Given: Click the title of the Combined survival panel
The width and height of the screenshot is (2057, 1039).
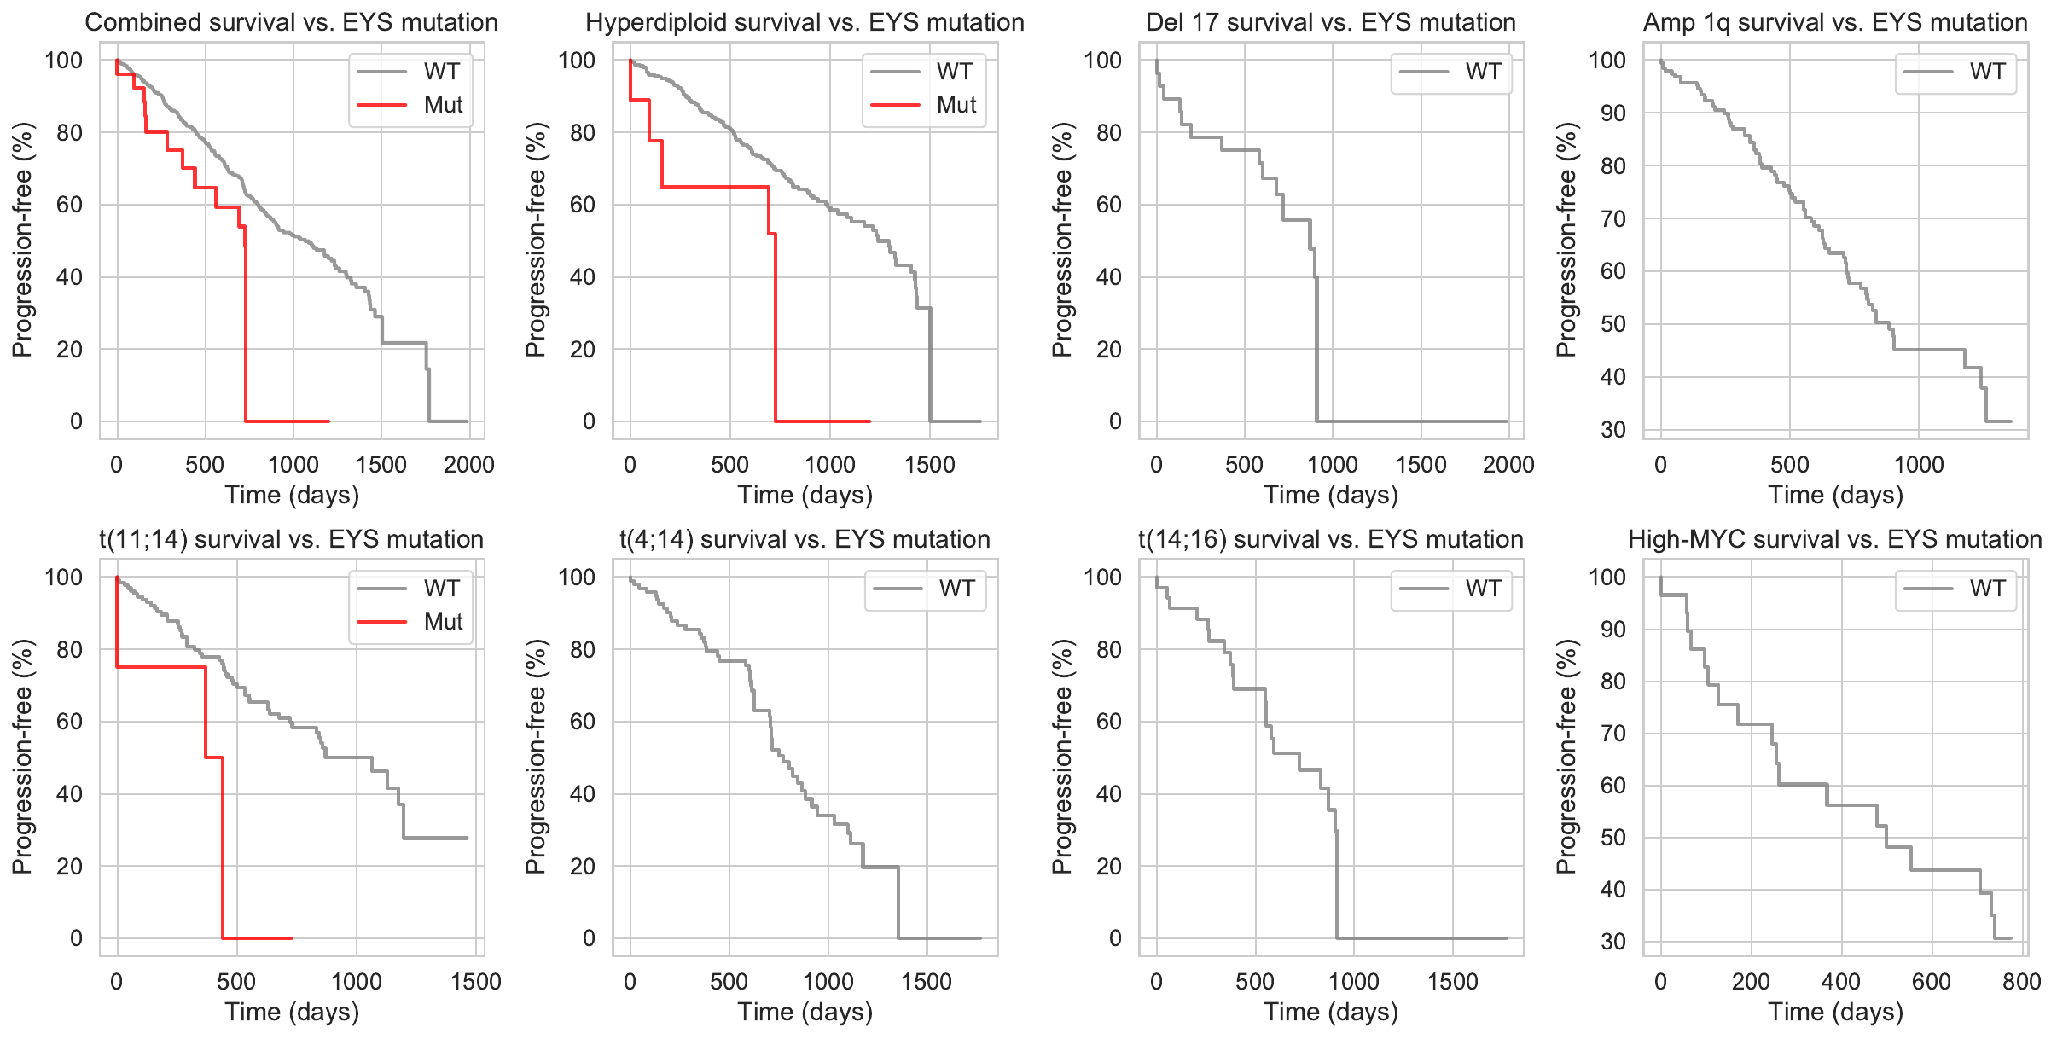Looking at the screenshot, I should [x=291, y=22].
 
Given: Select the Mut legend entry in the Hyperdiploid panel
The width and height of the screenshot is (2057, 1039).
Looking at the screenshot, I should [x=956, y=105].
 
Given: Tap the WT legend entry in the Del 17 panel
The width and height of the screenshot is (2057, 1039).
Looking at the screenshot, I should [x=1483, y=72].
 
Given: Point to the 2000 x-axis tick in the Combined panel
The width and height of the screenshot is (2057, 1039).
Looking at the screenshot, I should [x=469, y=465].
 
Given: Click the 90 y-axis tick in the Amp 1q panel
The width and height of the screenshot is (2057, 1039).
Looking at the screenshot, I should [x=1612, y=113].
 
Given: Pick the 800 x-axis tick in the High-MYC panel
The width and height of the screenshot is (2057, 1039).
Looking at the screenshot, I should [x=2021, y=982].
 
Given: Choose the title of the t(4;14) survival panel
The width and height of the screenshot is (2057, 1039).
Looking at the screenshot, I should [x=805, y=539].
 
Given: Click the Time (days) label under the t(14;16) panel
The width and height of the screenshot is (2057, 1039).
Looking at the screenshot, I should [x=1331, y=1012].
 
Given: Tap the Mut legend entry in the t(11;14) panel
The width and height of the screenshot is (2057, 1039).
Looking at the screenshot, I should [x=443, y=622].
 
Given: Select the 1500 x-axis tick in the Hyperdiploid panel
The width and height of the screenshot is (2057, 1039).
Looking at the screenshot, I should [x=930, y=465].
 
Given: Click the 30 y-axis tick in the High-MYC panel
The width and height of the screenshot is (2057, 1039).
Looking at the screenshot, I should [x=1612, y=942].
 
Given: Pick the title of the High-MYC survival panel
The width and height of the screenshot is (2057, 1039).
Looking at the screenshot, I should [x=1835, y=539].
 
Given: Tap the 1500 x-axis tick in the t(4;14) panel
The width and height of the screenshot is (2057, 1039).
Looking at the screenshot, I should [x=927, y=982].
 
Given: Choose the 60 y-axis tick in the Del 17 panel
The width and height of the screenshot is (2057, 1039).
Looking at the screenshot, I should [x=1108, y=205].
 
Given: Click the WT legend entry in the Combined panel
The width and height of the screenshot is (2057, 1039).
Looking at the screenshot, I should [x=441, y=72].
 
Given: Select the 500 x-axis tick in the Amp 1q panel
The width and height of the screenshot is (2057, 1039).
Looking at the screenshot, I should [x=1789, y=465].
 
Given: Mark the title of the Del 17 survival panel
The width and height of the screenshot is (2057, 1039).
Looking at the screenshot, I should [x=1331, y=22].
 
